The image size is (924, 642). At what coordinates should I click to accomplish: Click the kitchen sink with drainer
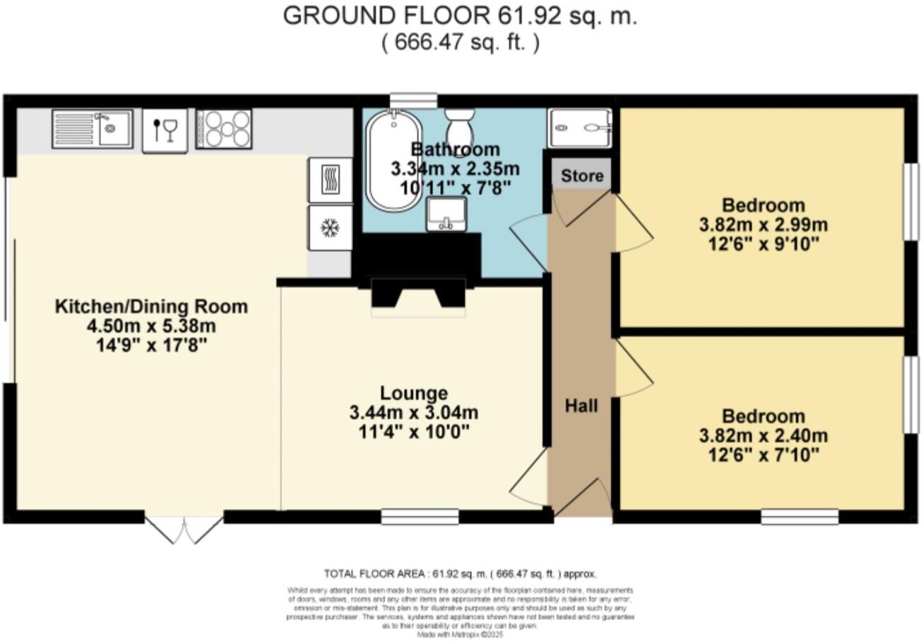pos(92,129)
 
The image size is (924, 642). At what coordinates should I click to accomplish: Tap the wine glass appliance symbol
pos(165,130)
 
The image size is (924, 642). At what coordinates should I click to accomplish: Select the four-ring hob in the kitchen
pos(224,129)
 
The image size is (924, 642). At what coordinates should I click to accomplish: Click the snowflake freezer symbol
pos(330,228)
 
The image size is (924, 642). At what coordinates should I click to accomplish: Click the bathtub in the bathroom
pos(393,161)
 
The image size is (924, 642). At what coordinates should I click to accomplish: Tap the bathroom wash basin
pos(446,214)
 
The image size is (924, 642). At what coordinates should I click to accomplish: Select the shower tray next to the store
pos(579,128)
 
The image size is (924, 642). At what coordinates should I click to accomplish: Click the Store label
pos(582,176)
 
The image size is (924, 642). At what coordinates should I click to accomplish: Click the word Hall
pos(581,406)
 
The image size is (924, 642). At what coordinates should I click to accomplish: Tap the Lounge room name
pos(413,393)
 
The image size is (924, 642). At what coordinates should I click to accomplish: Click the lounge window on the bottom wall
pos(420,517)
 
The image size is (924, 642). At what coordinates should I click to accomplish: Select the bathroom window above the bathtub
pos(413,101)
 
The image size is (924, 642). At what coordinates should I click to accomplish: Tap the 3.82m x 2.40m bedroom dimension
pos(763,435)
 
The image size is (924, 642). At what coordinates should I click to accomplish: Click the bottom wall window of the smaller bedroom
pos(799,517)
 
